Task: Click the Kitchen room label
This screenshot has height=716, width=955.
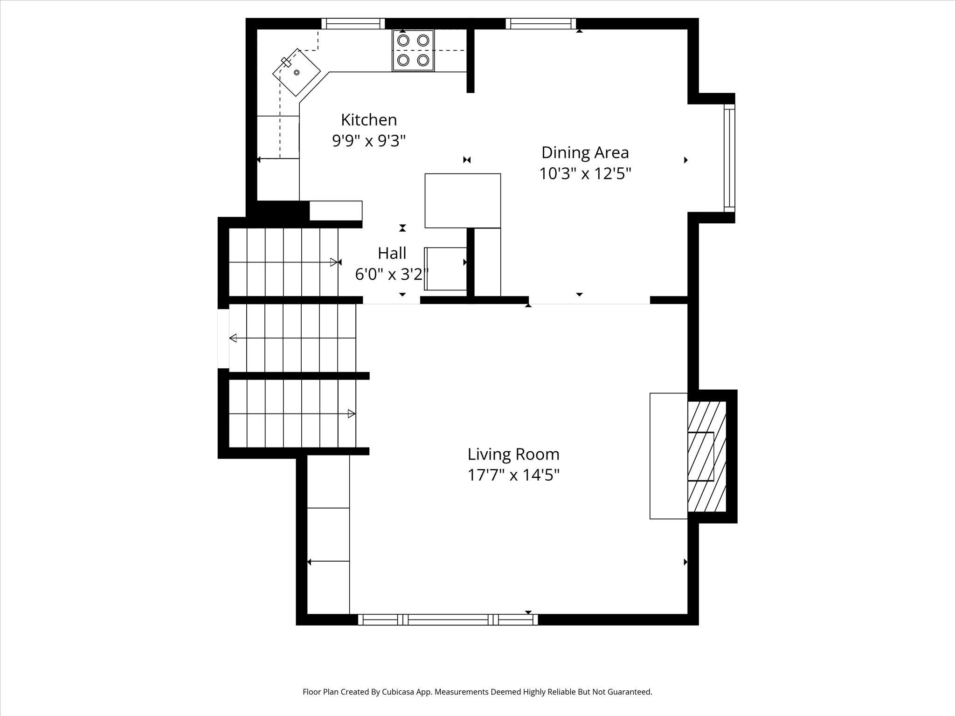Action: click(x=369, y=120)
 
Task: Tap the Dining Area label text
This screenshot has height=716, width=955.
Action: click(x=585, y=152)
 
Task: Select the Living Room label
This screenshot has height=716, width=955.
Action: click(x=513, y=454)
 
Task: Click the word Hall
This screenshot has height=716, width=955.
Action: click(x=392, y=253)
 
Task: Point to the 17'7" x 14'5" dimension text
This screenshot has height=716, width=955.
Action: click(x=513, y=475)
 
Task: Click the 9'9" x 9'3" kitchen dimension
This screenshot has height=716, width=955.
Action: click(x=369, y=140)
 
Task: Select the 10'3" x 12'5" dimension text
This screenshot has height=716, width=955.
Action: click(x=585, y=174)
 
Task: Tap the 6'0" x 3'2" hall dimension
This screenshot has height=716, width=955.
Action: click(x=391, y=274)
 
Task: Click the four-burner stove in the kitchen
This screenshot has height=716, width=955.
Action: click(x=413, y=50)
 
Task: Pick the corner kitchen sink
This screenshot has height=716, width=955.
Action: click(x=297, y=72)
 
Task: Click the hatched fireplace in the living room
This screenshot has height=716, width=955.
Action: click(x=707, y=456)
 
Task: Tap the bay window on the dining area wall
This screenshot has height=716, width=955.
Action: click(x=729, y=158)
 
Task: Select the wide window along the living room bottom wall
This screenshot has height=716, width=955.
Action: click(x=448, y=620)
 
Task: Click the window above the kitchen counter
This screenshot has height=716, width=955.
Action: click(x=353, y=23)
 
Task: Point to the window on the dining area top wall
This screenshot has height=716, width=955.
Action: click(x=540, y=23)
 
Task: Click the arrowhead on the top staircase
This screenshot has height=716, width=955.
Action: click(x=334, y=262)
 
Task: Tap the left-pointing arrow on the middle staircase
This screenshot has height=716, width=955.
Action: click(x=233, y=338)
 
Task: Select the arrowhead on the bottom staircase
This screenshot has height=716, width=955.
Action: click(x=352, y=413)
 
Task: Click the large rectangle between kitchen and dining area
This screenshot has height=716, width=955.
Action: click(x=463, y=200)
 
